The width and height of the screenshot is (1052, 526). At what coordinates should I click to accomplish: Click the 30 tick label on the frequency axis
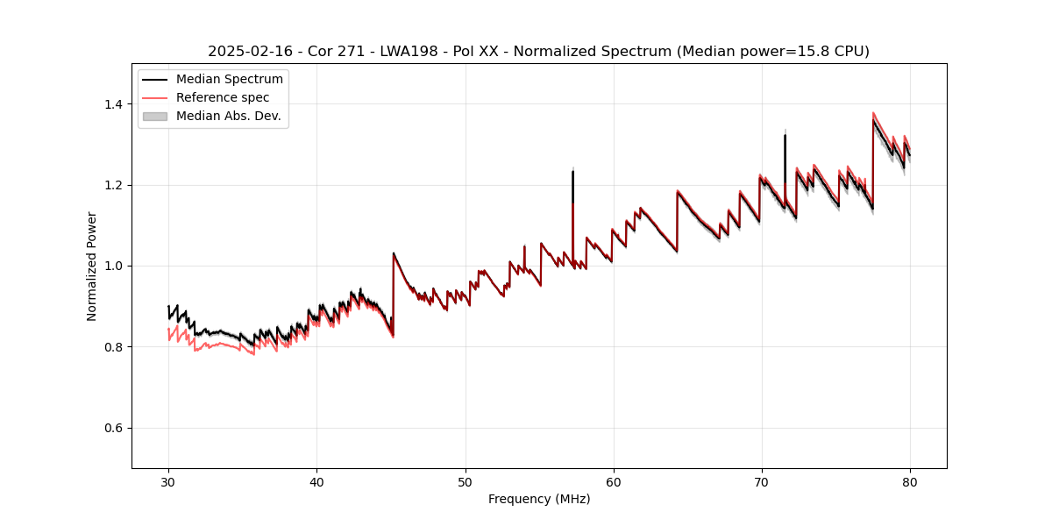[168, 481]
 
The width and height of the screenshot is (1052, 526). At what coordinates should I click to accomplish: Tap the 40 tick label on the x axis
[316, 481]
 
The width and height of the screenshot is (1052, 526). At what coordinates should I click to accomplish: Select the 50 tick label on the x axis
[465, 481]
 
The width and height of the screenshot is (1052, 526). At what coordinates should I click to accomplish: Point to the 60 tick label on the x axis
[614, 481]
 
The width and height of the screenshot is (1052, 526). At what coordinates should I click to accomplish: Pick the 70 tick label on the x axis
[762, 481]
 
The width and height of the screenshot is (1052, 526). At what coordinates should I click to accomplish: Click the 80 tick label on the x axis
[910, 481]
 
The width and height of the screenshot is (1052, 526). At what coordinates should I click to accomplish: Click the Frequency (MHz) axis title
[539, 499]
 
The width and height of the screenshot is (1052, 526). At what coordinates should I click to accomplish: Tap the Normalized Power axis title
[92, 266]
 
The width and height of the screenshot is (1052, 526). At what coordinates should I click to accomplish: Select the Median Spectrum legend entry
[229, 80]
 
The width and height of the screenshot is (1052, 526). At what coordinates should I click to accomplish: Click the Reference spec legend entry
[223, 97]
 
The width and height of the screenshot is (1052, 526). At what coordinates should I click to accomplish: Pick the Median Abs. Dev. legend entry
[228, 116]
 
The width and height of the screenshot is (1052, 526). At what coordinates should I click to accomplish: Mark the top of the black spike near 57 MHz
[572, 171]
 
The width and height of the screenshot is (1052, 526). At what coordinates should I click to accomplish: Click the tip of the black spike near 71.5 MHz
[785, 135]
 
